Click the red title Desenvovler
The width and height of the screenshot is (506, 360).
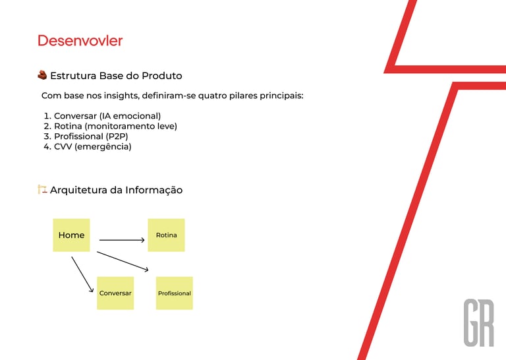click(x=80, y=41)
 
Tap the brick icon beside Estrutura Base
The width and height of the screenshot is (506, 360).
click(x=42, y=75)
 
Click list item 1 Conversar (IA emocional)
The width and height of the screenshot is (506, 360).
click(x=102, y=116)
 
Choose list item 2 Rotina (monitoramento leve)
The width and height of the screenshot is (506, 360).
click(x=111, y=126)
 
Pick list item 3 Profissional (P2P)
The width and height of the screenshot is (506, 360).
click(x=86, y=136)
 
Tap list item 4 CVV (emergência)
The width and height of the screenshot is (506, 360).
click(x=88, y=146)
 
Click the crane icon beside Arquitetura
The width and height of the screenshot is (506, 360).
click(x=42, y=189)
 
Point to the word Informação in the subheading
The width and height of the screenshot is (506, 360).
click(x=154, y=190)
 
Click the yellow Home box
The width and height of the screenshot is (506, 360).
click(x=71, y=235)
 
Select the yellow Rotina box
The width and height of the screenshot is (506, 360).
click(x=166, y=235)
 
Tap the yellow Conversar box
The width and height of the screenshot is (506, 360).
click(x=115, y=293)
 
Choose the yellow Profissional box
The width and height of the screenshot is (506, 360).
click(x=174, y=293)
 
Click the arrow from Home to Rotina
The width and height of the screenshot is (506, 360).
click(x=122, y=240)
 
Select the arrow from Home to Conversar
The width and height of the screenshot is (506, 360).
click(x=82, y=274)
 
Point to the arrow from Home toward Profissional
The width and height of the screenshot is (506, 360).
click(x=123, y=261)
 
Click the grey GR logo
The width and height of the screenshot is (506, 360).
click(x=479, y=323)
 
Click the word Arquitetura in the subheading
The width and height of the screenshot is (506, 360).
click(x=79, y=190)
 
